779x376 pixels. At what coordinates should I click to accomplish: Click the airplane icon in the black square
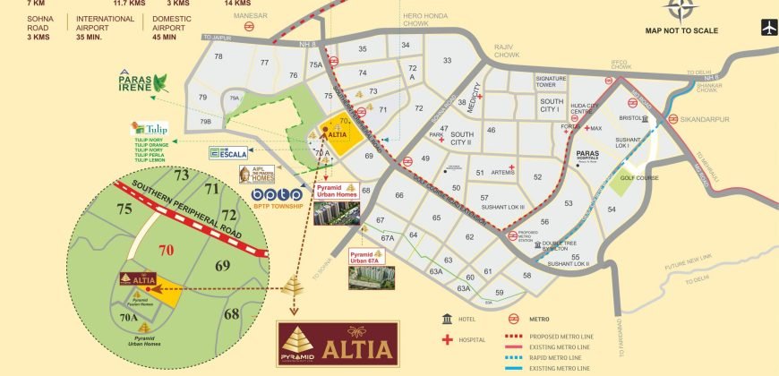[767, 28]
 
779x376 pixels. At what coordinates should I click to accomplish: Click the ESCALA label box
[227, 153]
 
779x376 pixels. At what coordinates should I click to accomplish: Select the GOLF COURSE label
[661, 177]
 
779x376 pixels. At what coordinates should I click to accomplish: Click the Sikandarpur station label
[711, 116]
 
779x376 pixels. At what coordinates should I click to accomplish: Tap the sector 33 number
[447, 61]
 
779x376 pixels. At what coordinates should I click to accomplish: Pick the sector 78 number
[218, 57]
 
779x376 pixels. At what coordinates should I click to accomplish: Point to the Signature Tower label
[551, 82]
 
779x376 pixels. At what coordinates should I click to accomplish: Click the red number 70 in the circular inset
[166, 251]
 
